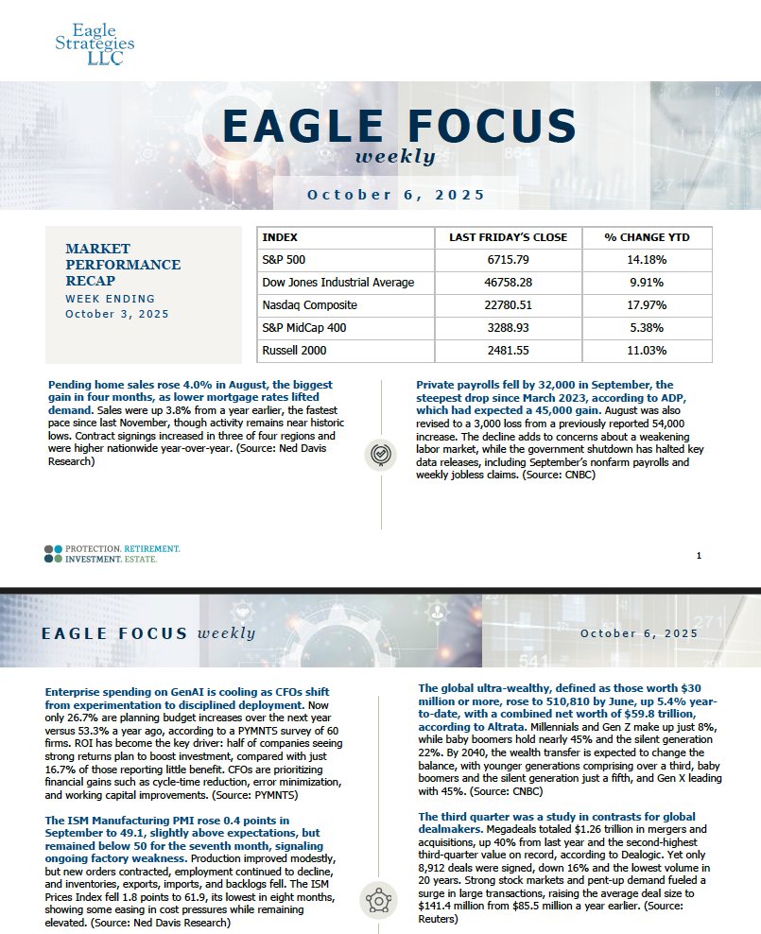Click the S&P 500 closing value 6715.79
[x=508, y=260]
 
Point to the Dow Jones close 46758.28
[x=508, y=283]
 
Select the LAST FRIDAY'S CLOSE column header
[x=508, y=238]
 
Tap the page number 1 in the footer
[x=698, y=556]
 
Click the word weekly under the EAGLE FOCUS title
[x=395, y=157]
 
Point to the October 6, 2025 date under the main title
[x=396, y=195]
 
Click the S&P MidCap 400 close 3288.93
[x=508, y=328]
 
